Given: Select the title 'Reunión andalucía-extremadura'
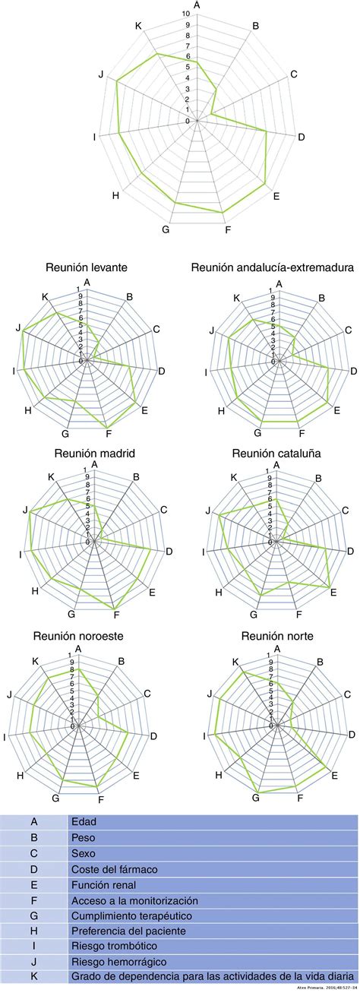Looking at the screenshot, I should (x=273, y=267).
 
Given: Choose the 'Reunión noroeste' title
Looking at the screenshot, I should (x=79, y=635).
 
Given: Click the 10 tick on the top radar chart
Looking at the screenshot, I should (x=186, y=14).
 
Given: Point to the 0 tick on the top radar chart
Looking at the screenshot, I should (x=188, y=121).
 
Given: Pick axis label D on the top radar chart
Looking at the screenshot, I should (x=302, y=138).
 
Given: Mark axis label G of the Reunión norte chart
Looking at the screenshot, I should (x=255, y=798).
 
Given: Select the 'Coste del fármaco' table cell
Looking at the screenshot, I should (x=113, y=868).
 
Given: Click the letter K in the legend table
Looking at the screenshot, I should (x=33, y=976).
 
